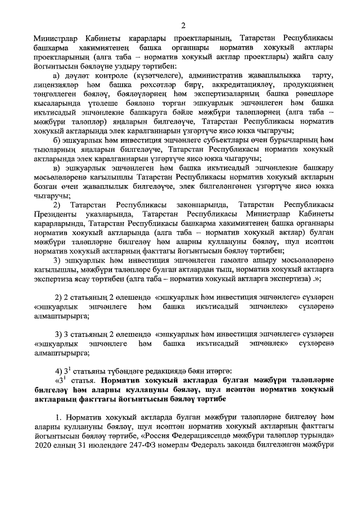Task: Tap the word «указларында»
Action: (110, 213)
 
